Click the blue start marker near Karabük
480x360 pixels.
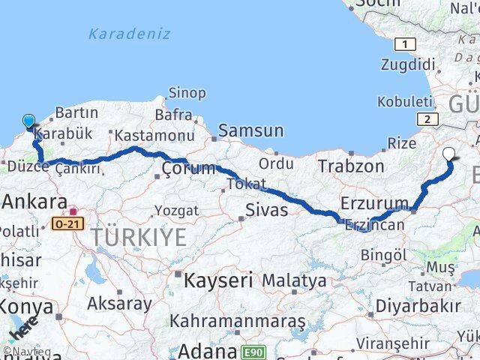28,121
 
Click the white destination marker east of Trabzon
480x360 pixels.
448,155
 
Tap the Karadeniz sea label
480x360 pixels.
129,34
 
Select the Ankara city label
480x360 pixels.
34,201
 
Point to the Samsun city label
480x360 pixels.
250,130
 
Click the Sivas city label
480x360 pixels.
267,210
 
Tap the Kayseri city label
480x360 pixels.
217,280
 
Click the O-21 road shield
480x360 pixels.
65,223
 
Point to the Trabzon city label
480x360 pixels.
350,166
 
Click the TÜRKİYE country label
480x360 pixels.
138,238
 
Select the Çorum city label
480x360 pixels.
188,169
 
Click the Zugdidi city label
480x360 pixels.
403,65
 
